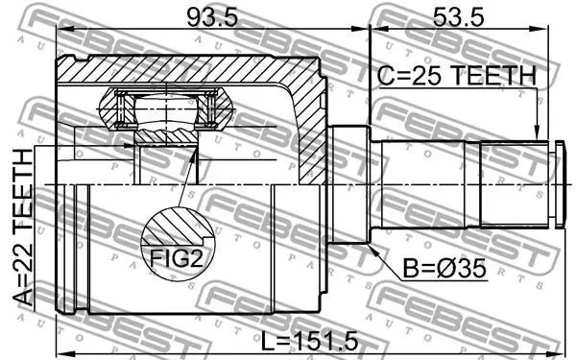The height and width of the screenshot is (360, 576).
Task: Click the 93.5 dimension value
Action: click(x=212, y=17)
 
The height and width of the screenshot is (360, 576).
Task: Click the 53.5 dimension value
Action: click(x=458, y=17)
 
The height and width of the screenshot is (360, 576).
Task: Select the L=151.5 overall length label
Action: click(x=309, y=341)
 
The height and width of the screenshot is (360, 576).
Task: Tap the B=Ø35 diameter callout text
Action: click(x=444, y=269)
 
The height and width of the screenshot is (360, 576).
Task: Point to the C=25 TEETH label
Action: click(x=457, y=75)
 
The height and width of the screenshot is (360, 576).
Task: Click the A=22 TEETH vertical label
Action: click(x=23, y=228)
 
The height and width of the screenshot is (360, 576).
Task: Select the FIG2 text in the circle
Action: click(x=177, y=258)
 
